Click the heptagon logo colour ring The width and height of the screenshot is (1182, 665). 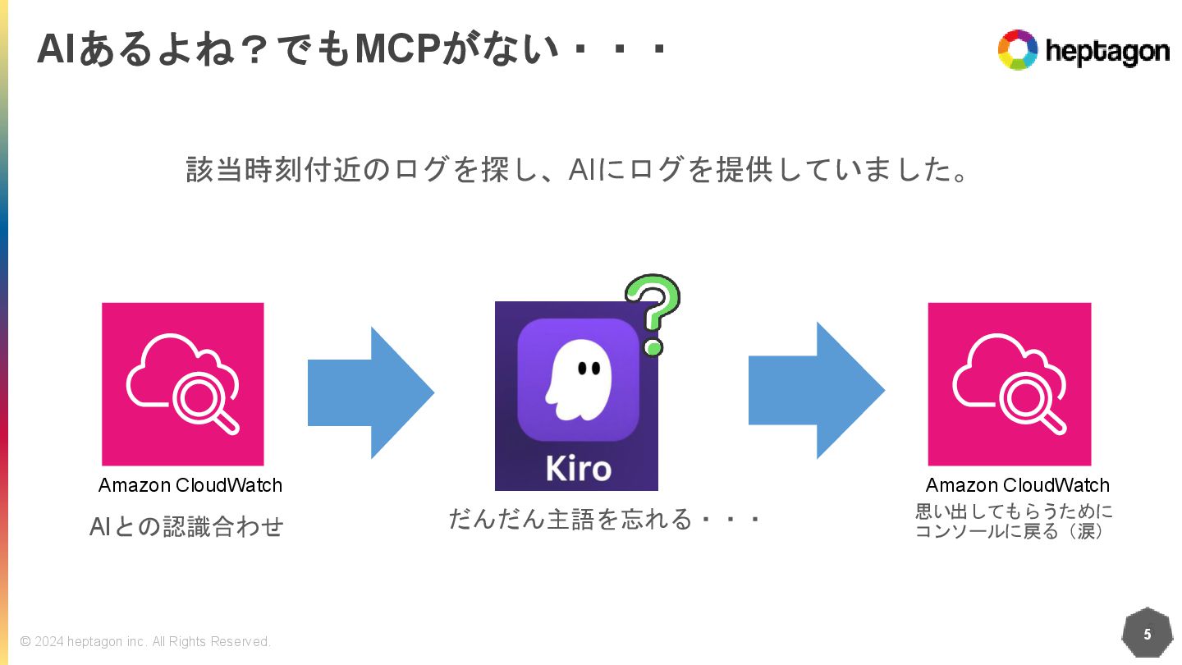pyautogui.click(x=1018, y=50)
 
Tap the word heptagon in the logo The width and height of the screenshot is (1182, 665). pyautogui.click(x=1106, y=52)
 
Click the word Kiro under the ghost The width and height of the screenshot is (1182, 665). pyautogui.click(x=578, y=468)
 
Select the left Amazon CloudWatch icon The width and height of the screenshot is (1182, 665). pyautogui.click(x=183, y=383)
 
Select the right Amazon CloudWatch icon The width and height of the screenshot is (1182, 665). pyautogui.click(x=1010, y=383)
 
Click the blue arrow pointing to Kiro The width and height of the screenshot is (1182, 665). pyautogui.click(x=370, y=392)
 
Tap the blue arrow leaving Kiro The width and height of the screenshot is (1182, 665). pyautogui.click(x=816, y=391)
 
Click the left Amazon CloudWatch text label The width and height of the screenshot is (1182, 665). pyautogui.click(x=190, y=485)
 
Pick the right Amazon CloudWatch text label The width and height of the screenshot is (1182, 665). pyautogui.click(x=1018, y=485)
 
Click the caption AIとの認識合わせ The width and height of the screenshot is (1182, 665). pyautogui.click(x=186, y=526)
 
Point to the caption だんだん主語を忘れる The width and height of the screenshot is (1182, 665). pyautogui.click(x=605, y=519)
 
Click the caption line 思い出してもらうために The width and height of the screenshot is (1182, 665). pyautogui.click(x=1015, y=511)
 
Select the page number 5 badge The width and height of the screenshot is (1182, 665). pyautogui.click(x=1147, y=634)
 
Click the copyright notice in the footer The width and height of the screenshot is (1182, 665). pyautogui.click(x=145, y=641)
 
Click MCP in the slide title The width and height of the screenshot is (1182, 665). pyautogui.click(x=397, y=51)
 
